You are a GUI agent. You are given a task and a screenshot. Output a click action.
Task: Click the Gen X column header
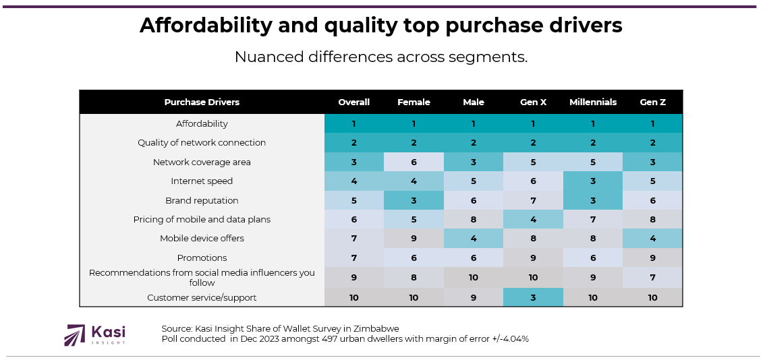click(x=533, y=102)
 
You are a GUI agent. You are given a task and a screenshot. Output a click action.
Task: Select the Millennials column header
click(x=593, y=102)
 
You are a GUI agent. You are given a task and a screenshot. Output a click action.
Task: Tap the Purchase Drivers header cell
click(x=202, y=102)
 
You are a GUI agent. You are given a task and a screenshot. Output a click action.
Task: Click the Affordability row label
click(x=202, y=124)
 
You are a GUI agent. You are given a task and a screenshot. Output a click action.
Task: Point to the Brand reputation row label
click(x=202, y=201)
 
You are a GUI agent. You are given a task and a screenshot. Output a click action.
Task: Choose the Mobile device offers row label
click(x=202, y=239)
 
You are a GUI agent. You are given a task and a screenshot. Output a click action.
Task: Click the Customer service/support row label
click(x=202, y=298)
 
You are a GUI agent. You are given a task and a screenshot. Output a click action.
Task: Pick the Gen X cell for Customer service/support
click(x=533, y=297)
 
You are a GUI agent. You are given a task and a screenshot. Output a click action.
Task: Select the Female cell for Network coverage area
click(x=414, y=162)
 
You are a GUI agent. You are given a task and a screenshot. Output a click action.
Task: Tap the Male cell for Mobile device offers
click(x=474, y=239)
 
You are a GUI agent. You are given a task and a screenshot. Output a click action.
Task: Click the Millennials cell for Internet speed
click(x=593, y=181)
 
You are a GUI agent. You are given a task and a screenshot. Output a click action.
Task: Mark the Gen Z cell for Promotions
click(x=652, y=258)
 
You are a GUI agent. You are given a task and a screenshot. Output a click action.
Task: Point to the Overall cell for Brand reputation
click(x=354, y=201)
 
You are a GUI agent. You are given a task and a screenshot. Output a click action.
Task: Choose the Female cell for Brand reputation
click(x=414, y=201)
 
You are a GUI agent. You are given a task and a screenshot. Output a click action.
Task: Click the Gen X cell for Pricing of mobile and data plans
click(x=533, y=220)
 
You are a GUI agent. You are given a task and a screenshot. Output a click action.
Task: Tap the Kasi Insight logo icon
click(x=74, y=335)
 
